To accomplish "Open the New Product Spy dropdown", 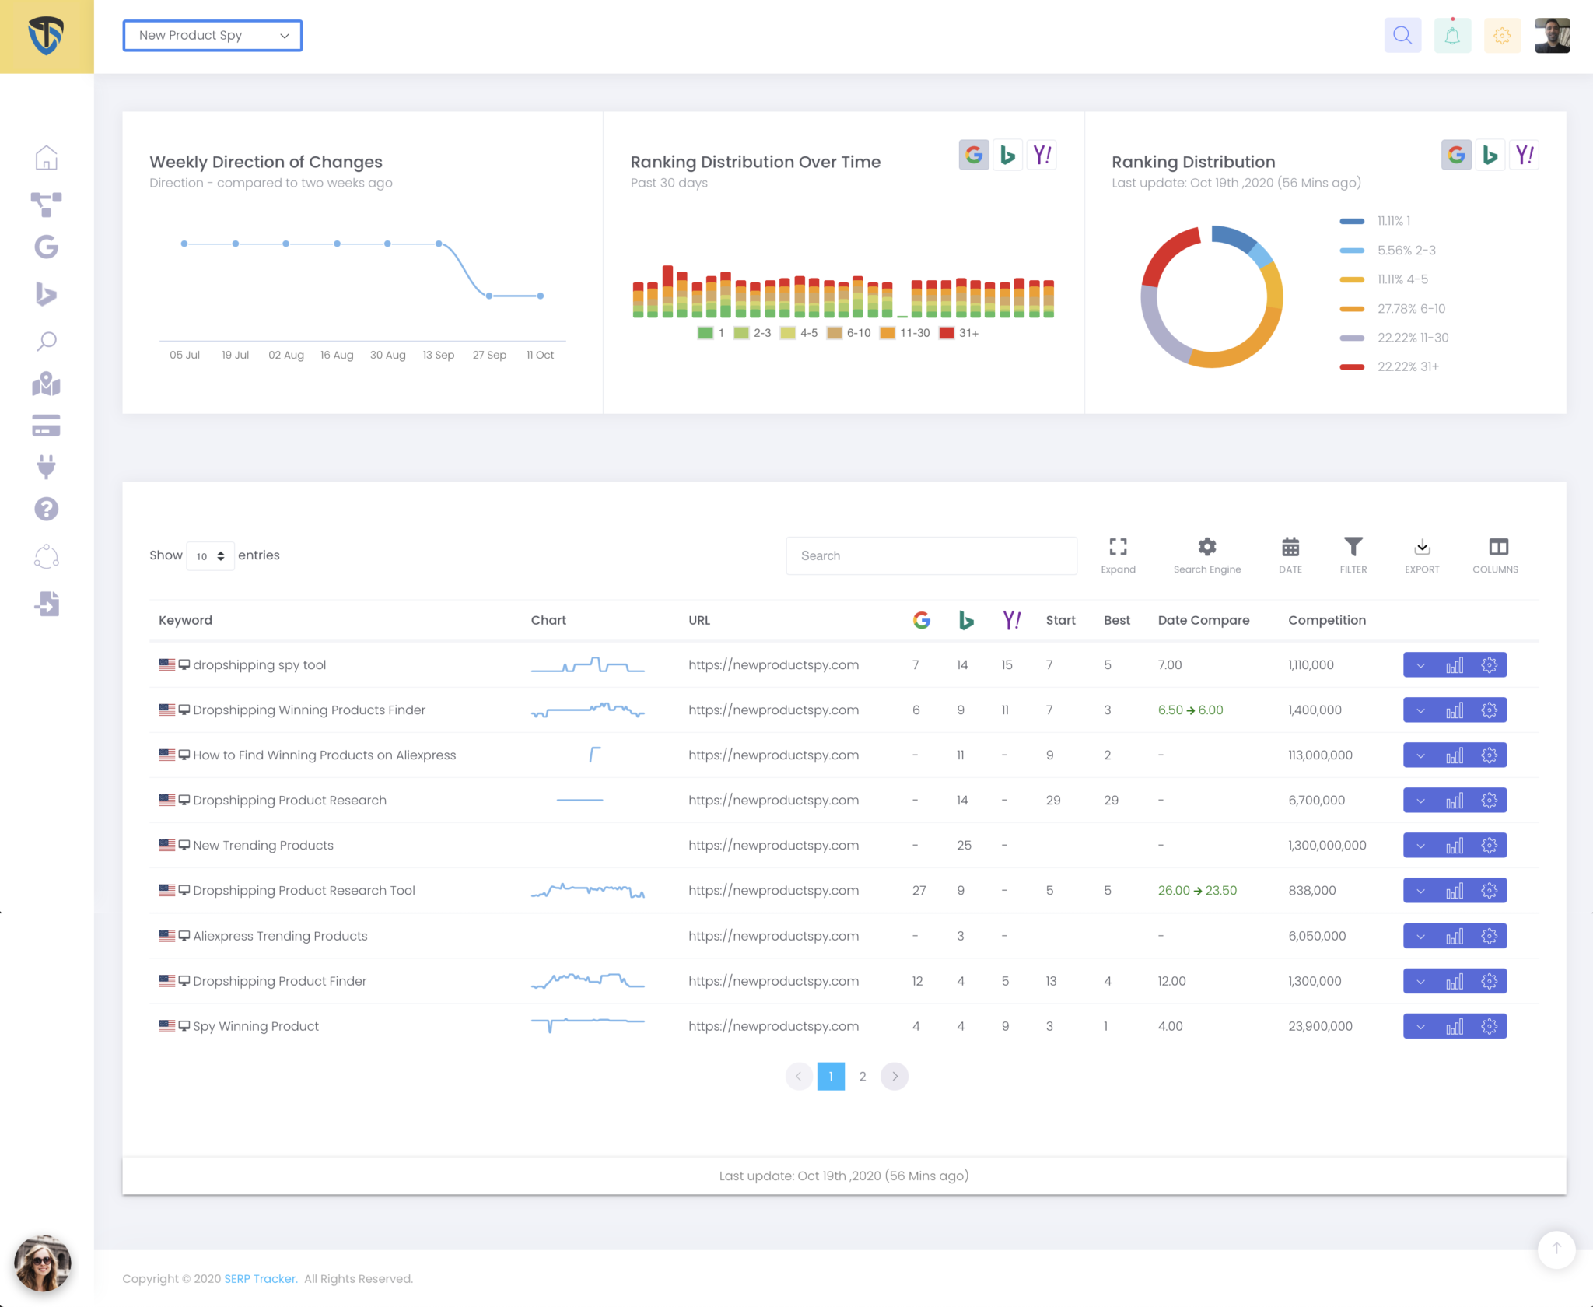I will (x=212, y=36).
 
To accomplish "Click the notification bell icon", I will (x=1452, y=36).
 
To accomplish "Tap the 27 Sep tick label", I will (x=489, y=355).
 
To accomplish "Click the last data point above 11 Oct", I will (x=541, y=296).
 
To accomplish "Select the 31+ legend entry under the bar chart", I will (x=959, y=333).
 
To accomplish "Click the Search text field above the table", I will (x=931, y=555).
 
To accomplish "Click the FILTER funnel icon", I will (x=1353, y=548).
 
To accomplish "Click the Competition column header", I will (x=1326, y=620).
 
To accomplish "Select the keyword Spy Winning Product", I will (x=256, y=1026).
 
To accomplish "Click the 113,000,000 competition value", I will (x=1320, y=755).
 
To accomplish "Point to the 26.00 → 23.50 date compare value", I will (x=1197, y=891).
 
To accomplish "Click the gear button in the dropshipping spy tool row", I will (x=1490, y=665).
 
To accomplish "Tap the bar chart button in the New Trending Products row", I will (x=1455, y=846).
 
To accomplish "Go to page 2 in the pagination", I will (x=863, y=1077).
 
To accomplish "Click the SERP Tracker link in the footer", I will (x=261, y=1279).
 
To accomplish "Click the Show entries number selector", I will (x=210, y=556).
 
